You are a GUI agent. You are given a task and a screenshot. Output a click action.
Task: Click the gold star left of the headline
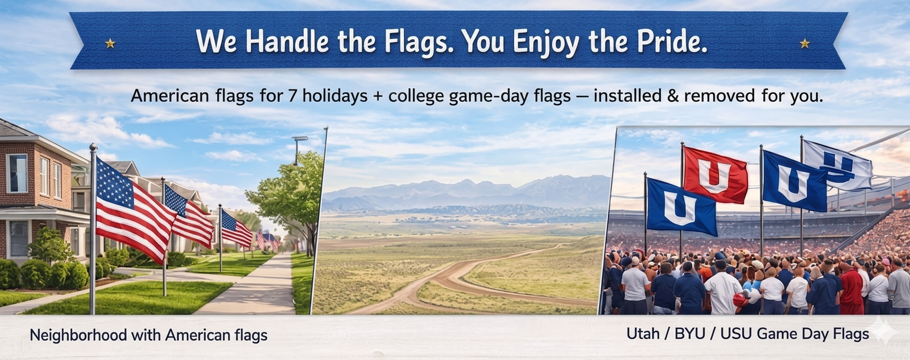(x=110, y=43)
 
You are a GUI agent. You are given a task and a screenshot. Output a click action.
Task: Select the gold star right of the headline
(x=804, y=43)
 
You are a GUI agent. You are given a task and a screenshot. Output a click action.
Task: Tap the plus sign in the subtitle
(x=378, y=97)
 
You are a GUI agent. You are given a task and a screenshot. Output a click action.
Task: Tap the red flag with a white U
(x=715, y=175)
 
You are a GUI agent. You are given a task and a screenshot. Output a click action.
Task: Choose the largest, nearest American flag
(x=135, y=209)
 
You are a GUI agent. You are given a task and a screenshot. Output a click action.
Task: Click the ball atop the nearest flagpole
(x=93, y=147)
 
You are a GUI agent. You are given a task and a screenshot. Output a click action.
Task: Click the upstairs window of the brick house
(x=18, y=173)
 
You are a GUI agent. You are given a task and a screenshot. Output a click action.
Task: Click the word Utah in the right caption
(x=643, y=334)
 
